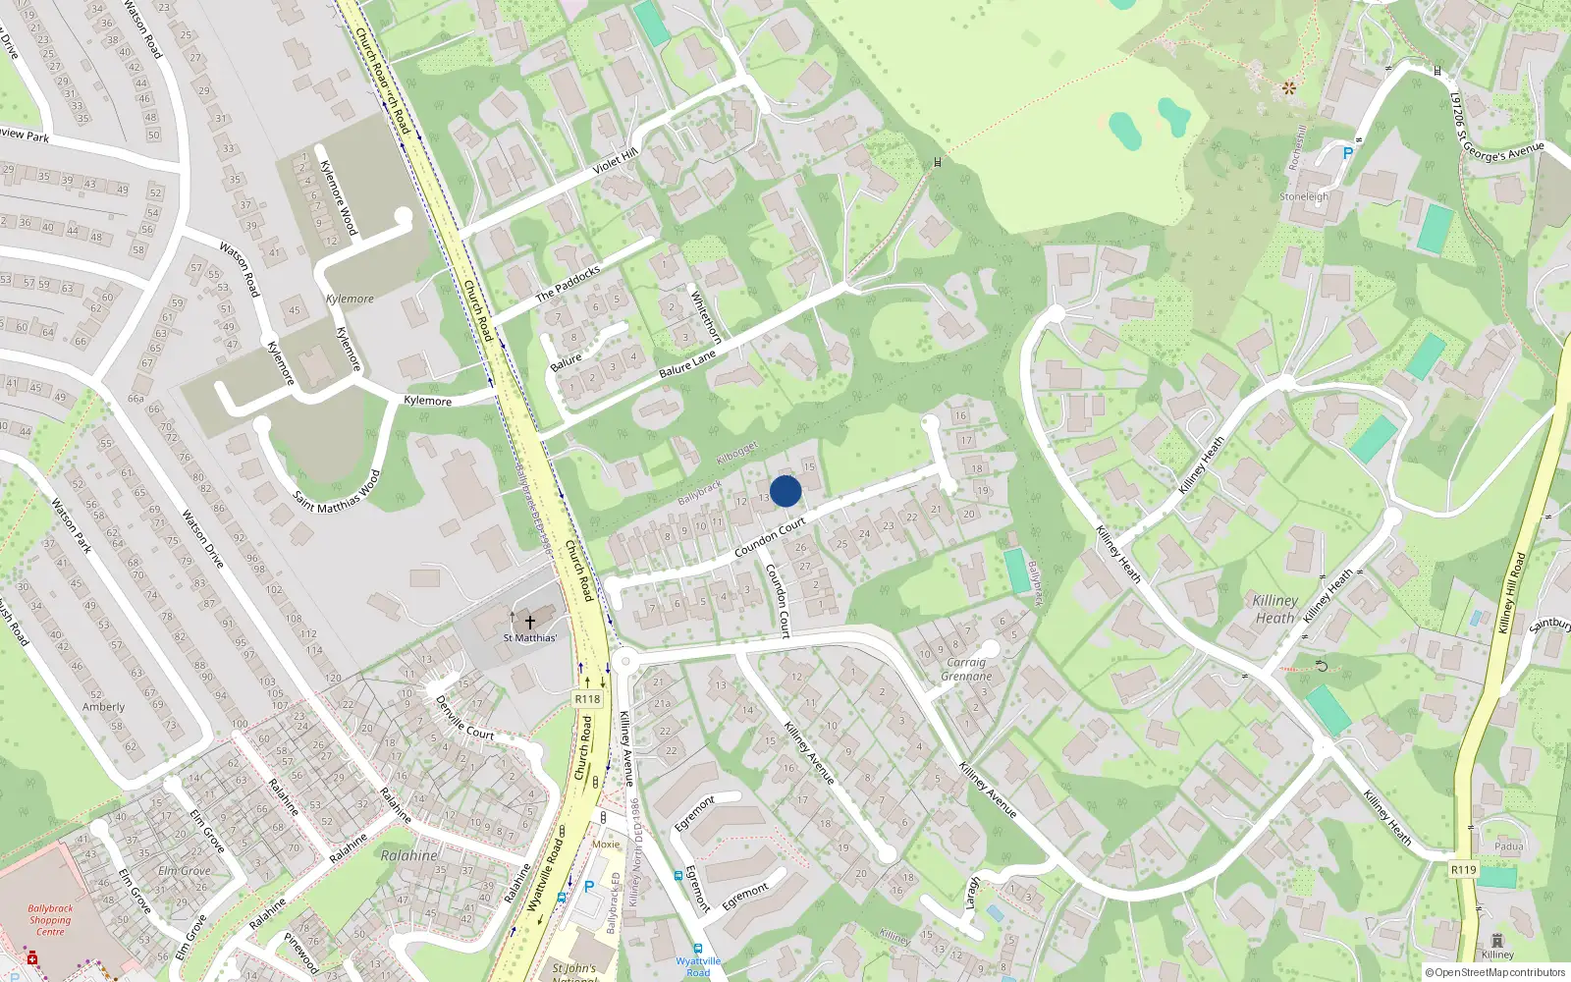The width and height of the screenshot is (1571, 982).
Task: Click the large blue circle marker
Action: point(785,491)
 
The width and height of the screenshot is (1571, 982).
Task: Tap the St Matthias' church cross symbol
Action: point(529,621)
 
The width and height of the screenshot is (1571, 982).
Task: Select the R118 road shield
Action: point(587,699)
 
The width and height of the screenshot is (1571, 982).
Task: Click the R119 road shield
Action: point(1463,869)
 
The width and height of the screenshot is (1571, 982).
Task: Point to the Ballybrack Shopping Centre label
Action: point(50,920)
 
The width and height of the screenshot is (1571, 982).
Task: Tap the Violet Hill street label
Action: point(616,162)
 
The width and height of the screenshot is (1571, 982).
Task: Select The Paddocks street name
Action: point(568,284)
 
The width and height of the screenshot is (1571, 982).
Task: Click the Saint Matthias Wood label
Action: point(337,489)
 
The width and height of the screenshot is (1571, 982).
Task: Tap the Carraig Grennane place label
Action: point(966,669)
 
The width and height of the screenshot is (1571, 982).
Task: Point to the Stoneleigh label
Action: point(1304,196)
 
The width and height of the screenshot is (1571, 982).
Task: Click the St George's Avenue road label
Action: point(1502,150)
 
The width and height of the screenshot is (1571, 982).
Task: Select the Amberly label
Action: point(103,707)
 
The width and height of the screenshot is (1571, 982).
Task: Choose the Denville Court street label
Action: point(464,718)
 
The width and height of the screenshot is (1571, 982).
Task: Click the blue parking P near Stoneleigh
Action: point(1347,153)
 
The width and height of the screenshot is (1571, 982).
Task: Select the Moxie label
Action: point(606,844)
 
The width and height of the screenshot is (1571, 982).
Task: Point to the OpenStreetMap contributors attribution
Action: point(1494,972)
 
